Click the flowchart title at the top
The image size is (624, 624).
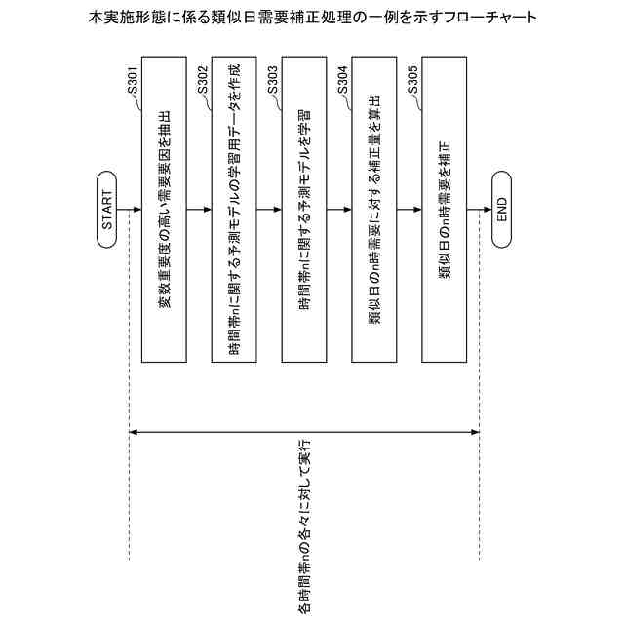click(312, 18)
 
